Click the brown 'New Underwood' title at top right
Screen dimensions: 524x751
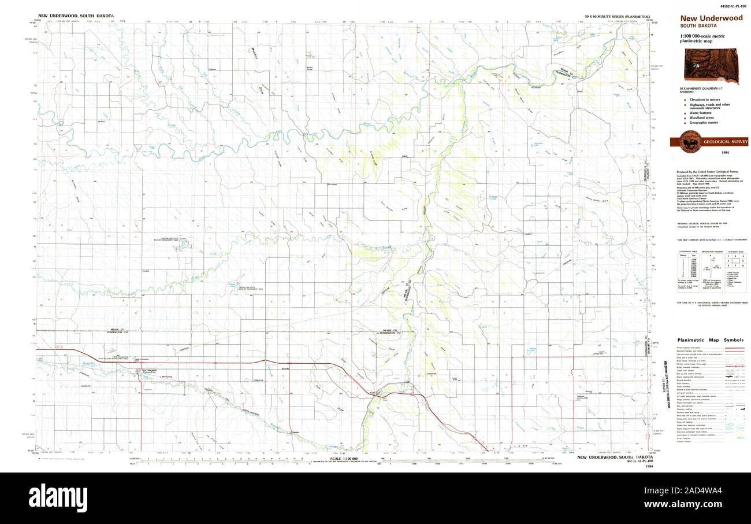pos(711,18)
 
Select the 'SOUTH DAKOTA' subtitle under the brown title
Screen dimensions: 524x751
pos(698,26)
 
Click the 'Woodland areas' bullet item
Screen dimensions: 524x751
pos(702,117)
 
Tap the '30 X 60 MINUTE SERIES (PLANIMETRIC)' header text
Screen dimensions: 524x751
pos(616,17)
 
